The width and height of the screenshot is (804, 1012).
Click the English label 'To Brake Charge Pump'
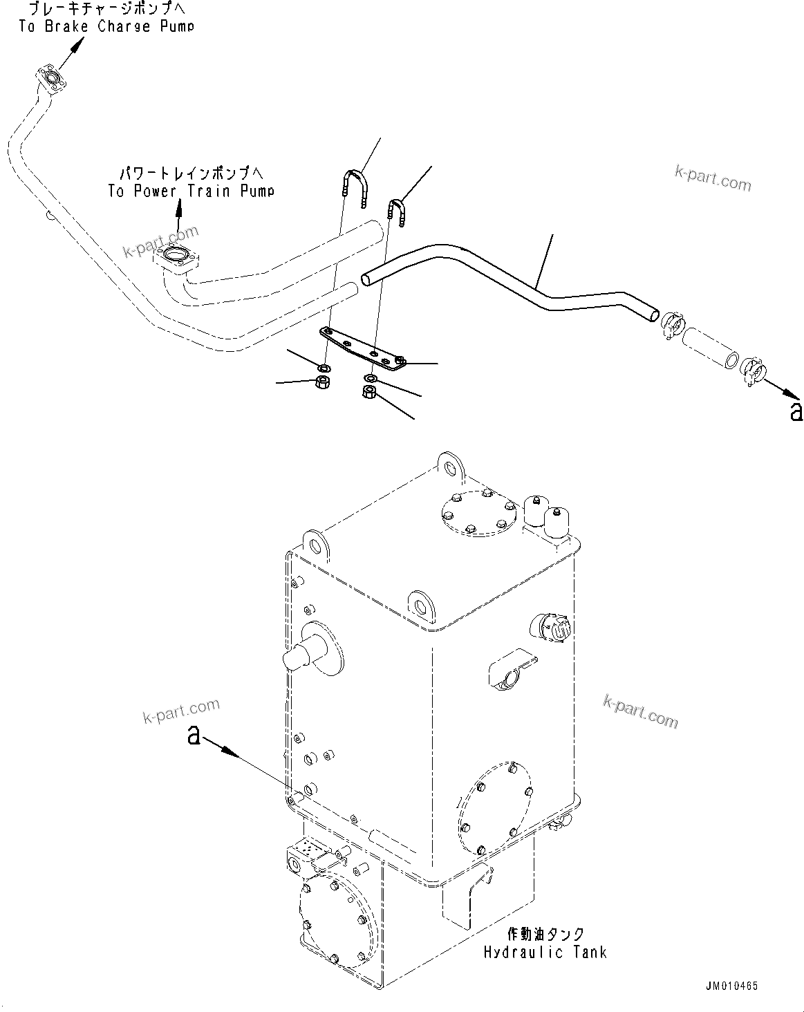[106, 27]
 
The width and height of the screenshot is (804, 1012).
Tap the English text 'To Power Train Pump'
[191, 191]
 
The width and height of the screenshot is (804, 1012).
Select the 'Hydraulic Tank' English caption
[545, 952]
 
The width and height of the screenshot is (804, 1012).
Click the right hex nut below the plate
[369, 393]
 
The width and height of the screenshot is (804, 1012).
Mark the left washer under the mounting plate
[324, 366]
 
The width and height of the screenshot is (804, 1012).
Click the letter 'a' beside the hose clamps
[796, 411]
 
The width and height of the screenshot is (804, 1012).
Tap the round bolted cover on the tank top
[478, 512]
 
